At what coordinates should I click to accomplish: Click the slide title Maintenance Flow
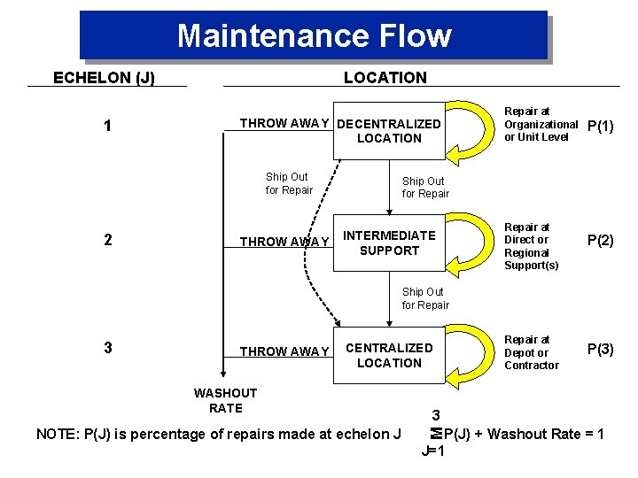tap(314, 36)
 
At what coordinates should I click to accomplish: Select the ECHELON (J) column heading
tap(104, 78)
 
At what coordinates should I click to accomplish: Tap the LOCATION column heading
tap(385, 78)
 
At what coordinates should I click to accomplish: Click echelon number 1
tap(107, 127)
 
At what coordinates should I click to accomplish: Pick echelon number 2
tap(107, 240)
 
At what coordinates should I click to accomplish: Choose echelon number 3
tap(107, 348)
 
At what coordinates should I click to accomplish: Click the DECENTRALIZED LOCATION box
tap(389, 132)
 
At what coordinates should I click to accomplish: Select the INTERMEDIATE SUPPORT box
tap(389, 243)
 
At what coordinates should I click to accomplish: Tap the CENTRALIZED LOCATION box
tap(389, 355)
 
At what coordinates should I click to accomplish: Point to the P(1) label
tap(601, 126)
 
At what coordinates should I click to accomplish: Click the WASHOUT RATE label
tap(225, 400)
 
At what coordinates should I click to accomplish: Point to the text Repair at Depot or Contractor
tap(532, 352)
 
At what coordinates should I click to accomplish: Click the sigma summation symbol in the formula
tap(435, 434)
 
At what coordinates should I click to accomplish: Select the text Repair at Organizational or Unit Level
tap(540, 124)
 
